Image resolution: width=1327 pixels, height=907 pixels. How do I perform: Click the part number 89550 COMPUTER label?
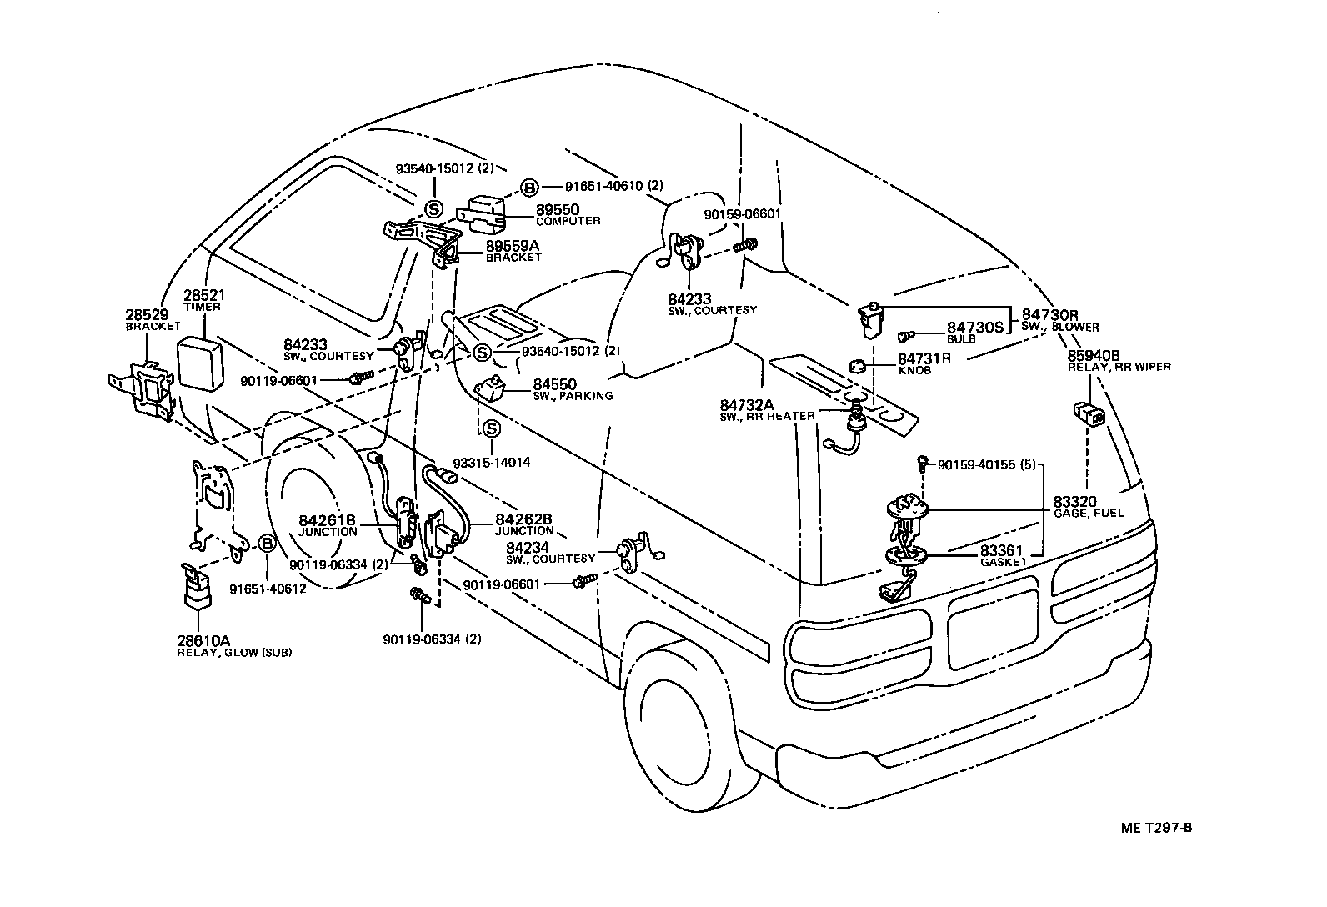point(568,214)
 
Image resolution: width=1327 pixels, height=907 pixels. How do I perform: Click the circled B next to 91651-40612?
point(267,544)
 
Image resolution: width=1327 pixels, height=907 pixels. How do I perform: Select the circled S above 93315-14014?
point(492,429)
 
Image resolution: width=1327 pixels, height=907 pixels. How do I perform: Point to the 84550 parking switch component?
point(492,388)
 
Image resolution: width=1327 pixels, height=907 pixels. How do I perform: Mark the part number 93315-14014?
point(492,463)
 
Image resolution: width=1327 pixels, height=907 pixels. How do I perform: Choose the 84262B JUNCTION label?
point(524,524)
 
